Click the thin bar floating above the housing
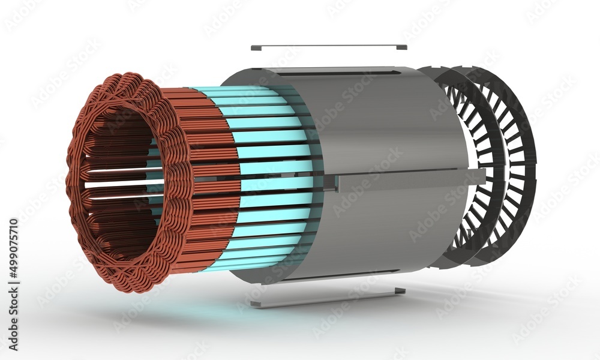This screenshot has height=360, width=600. point(329,47)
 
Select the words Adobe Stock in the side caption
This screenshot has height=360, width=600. point(13,318)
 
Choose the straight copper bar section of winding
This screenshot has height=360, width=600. point(210,180)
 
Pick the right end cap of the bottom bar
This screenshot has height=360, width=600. point(400,291)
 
